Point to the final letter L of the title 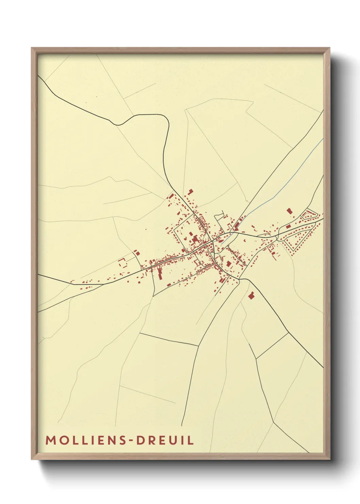click(x=191, y=440)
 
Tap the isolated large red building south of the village click(x=251, y=296)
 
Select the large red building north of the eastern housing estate click(x=290, y=211)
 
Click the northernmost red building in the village click(x=191, y=192)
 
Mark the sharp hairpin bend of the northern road click(x=167, y=121)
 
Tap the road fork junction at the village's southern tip click(x=240, y=280)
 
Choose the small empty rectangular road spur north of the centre click(x=220, y=215)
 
